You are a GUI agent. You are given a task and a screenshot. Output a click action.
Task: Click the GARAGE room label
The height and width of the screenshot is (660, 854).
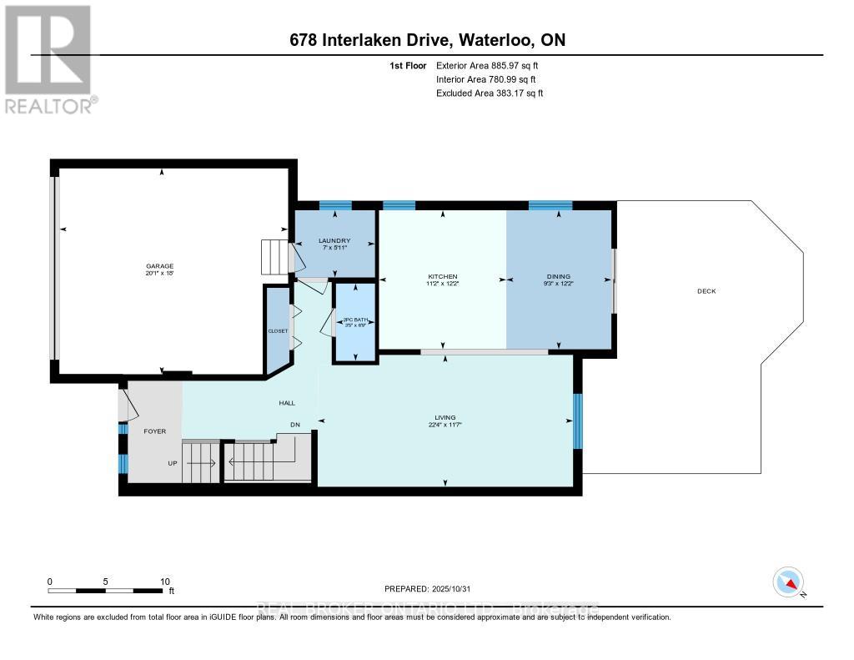click(x=162, y=266)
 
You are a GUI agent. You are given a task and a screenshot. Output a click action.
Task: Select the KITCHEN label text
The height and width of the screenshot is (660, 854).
click(x=443, y=277)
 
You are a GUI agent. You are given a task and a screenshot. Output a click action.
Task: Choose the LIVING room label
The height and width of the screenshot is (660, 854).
click(x=445, y=417)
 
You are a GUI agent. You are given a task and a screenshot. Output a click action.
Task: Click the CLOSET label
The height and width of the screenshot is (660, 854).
click(x=278, y=331)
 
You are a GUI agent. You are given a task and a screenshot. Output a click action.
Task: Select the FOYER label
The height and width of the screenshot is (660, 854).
click(x=155, y=431)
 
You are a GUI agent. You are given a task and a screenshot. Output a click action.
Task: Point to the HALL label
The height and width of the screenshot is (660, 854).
click(x=287, y=404)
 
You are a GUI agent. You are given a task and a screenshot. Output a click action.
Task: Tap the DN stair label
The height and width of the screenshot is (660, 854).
click(x=294, y=425)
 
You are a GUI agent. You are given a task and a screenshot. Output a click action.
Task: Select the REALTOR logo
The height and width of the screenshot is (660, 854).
click(x=49, y=58)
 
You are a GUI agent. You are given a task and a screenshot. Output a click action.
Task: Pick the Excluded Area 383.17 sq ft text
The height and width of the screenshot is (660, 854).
click(x=490, y=93)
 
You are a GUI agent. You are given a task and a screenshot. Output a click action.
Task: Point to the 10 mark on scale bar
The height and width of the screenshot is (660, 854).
click(x=164, y=582)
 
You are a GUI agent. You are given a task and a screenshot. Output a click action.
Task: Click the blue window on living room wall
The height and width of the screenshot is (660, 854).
click(x=577, y=421)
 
